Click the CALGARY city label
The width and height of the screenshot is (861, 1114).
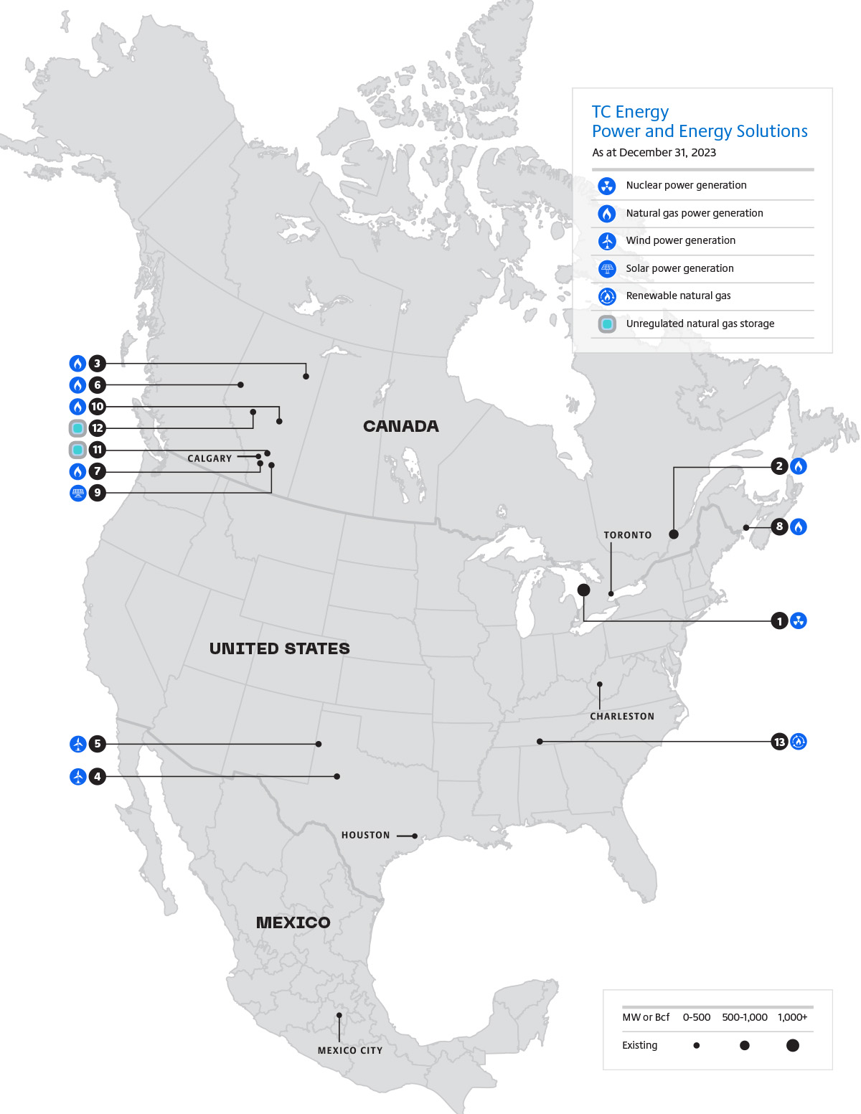(210, 458)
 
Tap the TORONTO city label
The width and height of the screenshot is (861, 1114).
(628, 535)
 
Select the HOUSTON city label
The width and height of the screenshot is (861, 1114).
(365, 835)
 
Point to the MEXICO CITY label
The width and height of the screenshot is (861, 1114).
(350, 1050)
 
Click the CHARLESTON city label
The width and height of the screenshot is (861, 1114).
(622, 716)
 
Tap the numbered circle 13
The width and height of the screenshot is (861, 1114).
(779, 742)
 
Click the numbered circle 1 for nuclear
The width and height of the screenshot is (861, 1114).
(779, 620)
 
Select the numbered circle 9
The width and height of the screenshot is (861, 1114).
(98, 493)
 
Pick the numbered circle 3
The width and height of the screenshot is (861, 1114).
(98, 364)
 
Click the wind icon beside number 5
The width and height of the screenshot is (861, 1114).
(78, 744)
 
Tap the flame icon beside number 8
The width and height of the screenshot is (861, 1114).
(799, 527)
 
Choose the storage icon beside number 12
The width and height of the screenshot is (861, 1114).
(77, 428)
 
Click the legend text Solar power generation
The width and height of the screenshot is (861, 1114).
(679, 268)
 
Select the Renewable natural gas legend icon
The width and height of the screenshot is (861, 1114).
(607, 296)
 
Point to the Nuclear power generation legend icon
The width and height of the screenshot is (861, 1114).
(607, 186)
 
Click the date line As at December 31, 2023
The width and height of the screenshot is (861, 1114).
(654, 152)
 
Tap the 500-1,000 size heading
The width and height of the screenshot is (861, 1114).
(744, 1017)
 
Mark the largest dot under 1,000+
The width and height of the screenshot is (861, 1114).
(792, 1045)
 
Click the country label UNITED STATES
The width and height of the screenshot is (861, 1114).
(279, 648)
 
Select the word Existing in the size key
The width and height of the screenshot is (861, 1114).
(639, 1045)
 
